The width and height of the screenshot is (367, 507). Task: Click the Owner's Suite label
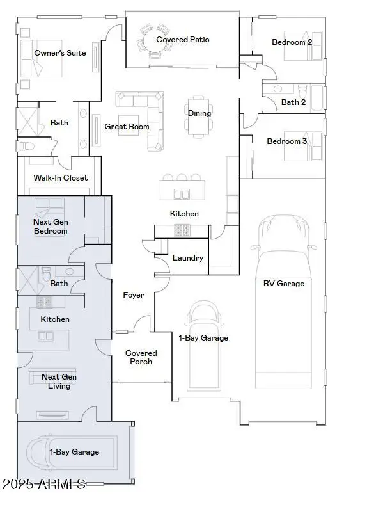60,53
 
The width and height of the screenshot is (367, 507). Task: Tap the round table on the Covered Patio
154,40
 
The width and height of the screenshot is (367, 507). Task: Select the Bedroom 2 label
292,42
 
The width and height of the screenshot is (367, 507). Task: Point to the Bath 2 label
293,102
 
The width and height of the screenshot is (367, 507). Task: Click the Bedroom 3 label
286,141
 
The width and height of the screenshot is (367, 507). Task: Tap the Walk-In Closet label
60,178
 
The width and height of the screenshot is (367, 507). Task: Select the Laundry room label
188,258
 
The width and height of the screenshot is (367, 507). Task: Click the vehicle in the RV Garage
284,301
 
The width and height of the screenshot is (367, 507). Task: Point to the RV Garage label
284,284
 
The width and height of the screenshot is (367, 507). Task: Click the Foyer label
134,295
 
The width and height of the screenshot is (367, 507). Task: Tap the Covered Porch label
141,357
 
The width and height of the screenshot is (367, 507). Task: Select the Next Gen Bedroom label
51,227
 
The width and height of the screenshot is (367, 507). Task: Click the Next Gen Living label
59,382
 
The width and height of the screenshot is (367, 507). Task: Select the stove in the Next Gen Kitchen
45,302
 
